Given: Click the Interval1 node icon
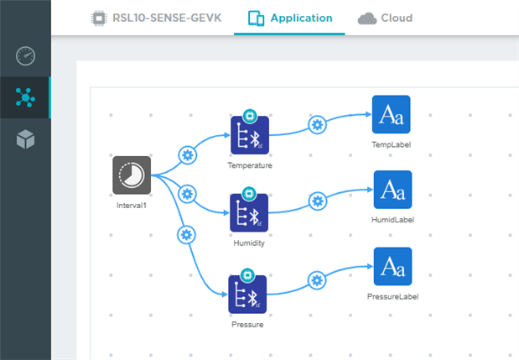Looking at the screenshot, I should (x=132, y=175).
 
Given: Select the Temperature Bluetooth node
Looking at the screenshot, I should (x=249, y=136).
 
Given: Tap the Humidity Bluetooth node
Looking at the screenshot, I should (x=249, y=214).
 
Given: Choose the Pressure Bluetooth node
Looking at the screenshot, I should (x=249, y=295).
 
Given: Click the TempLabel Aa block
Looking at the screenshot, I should (x=392, y=115).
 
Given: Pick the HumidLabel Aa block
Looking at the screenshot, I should (x=392, y=190).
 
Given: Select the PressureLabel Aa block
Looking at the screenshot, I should (x=392, y=266).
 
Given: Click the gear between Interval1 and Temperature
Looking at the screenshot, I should (x=188, y=155).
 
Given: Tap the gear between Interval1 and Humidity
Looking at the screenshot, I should (x=188, y=193).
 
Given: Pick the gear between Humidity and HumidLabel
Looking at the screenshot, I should (x=317, y=201).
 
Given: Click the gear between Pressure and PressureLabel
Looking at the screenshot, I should (x=317, y=280).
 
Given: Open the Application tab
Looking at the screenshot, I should (x=290, y=18).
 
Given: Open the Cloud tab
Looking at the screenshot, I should (x=385, y=18).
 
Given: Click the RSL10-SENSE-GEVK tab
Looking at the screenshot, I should (x=156, y=18).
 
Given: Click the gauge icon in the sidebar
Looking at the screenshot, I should (x=25, y=56).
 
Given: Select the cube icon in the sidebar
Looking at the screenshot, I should (x=25, y=139).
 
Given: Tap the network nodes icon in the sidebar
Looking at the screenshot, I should (x=25, y=97).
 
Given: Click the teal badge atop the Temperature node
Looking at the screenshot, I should (x=249, y=116).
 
